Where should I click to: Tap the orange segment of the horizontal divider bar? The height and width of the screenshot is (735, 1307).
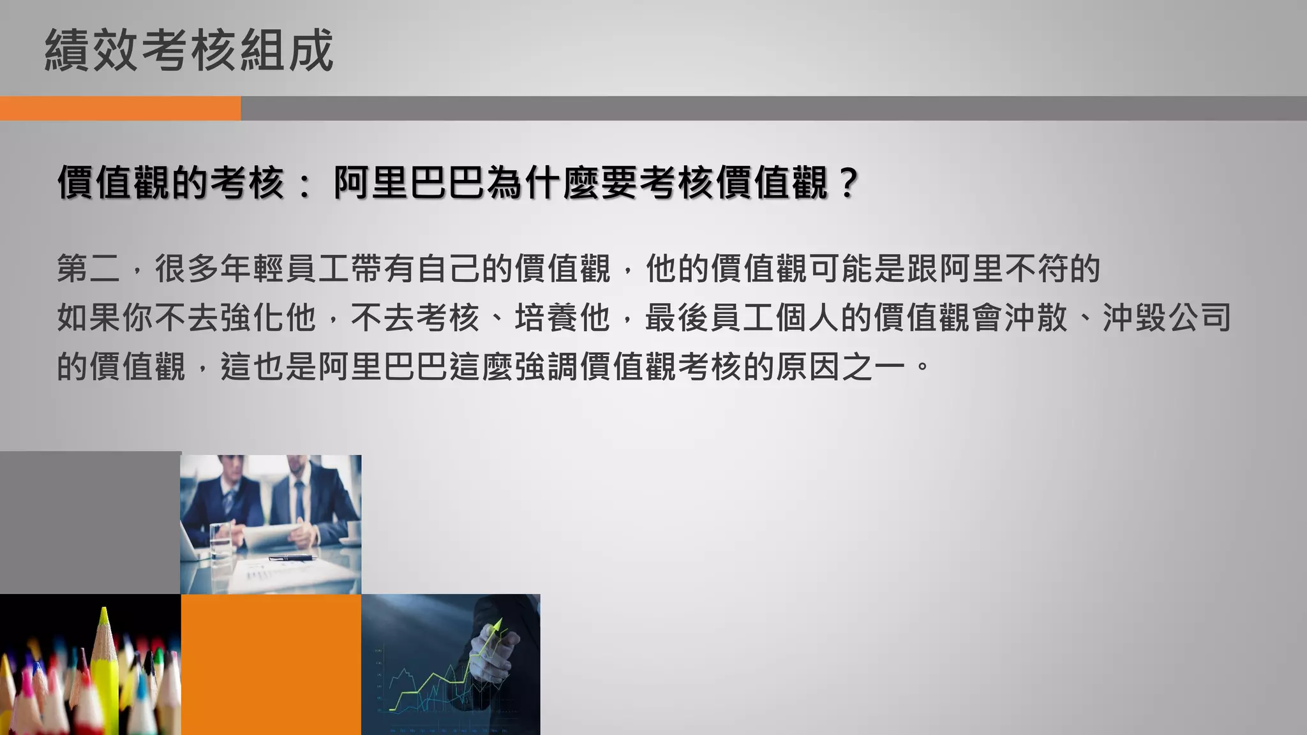pos(120,108)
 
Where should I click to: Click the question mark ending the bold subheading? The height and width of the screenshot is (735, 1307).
pos(848,183)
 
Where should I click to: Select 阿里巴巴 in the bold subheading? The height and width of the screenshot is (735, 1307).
pos(408,183)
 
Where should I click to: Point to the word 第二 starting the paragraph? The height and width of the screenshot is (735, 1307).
pos(89,269)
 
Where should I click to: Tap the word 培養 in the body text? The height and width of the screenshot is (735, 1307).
pos(546,318)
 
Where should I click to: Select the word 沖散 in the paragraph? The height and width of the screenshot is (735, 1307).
pos(1036,318)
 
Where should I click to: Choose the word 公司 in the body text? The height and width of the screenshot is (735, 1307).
pos(1200,318)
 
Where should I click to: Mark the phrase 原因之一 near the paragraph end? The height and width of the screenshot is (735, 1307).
pos(841,367)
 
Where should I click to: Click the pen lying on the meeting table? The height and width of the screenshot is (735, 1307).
pos(292,558)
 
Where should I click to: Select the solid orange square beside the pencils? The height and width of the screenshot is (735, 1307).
pos(271,664)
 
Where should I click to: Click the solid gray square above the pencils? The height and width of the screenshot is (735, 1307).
pos(90,523)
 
